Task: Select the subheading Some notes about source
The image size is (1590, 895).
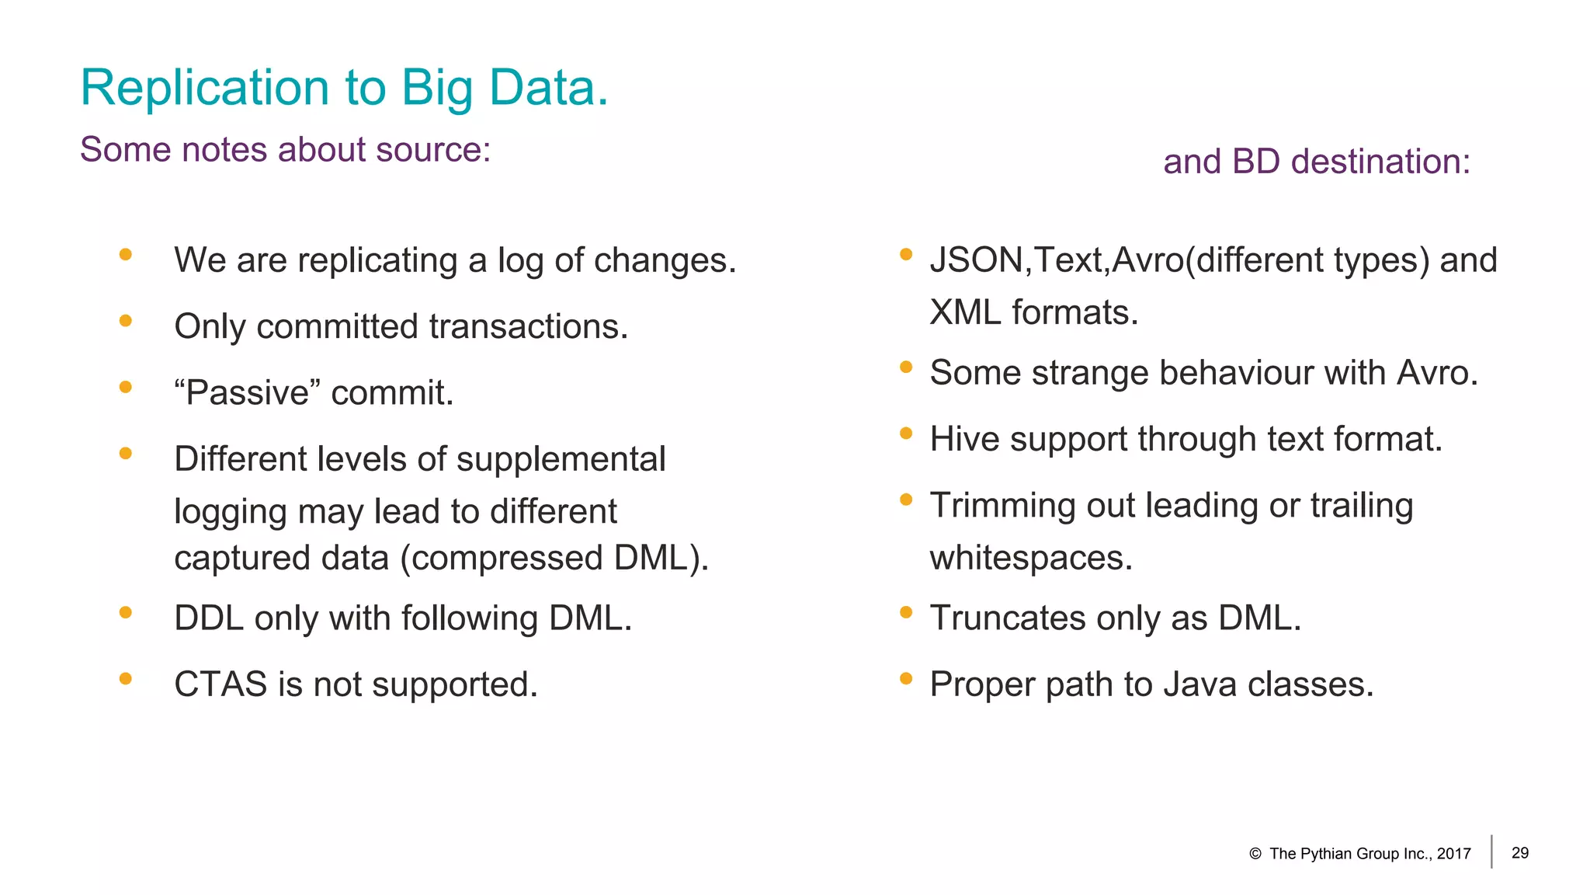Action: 285,149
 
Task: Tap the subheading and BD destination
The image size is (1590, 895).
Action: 1316,162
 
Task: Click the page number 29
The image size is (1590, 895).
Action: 1520,853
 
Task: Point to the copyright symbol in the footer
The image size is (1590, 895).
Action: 1255,854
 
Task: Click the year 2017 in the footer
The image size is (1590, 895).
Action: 1453,854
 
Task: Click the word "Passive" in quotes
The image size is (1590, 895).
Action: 247,392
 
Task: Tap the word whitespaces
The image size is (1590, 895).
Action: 1030,558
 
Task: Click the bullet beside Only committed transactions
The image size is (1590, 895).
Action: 126,320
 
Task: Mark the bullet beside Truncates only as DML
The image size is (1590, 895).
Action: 905,612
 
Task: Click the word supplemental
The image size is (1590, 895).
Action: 561,459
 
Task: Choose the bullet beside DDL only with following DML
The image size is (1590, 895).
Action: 126,612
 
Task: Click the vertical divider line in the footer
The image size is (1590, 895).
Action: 1491,851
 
